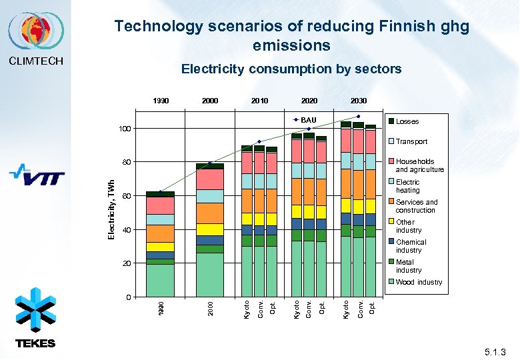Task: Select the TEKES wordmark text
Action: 35,343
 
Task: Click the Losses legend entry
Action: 407,121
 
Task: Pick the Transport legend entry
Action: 411,141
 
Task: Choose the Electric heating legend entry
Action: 407,186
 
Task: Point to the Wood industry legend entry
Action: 419,282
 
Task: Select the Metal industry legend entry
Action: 408,266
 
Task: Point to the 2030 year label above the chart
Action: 359,101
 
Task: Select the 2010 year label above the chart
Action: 259,101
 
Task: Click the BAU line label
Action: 308,120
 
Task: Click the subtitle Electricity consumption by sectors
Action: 291,69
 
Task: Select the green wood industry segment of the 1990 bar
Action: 160,280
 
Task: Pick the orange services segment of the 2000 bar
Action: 210,213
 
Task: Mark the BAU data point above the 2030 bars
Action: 358,117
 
